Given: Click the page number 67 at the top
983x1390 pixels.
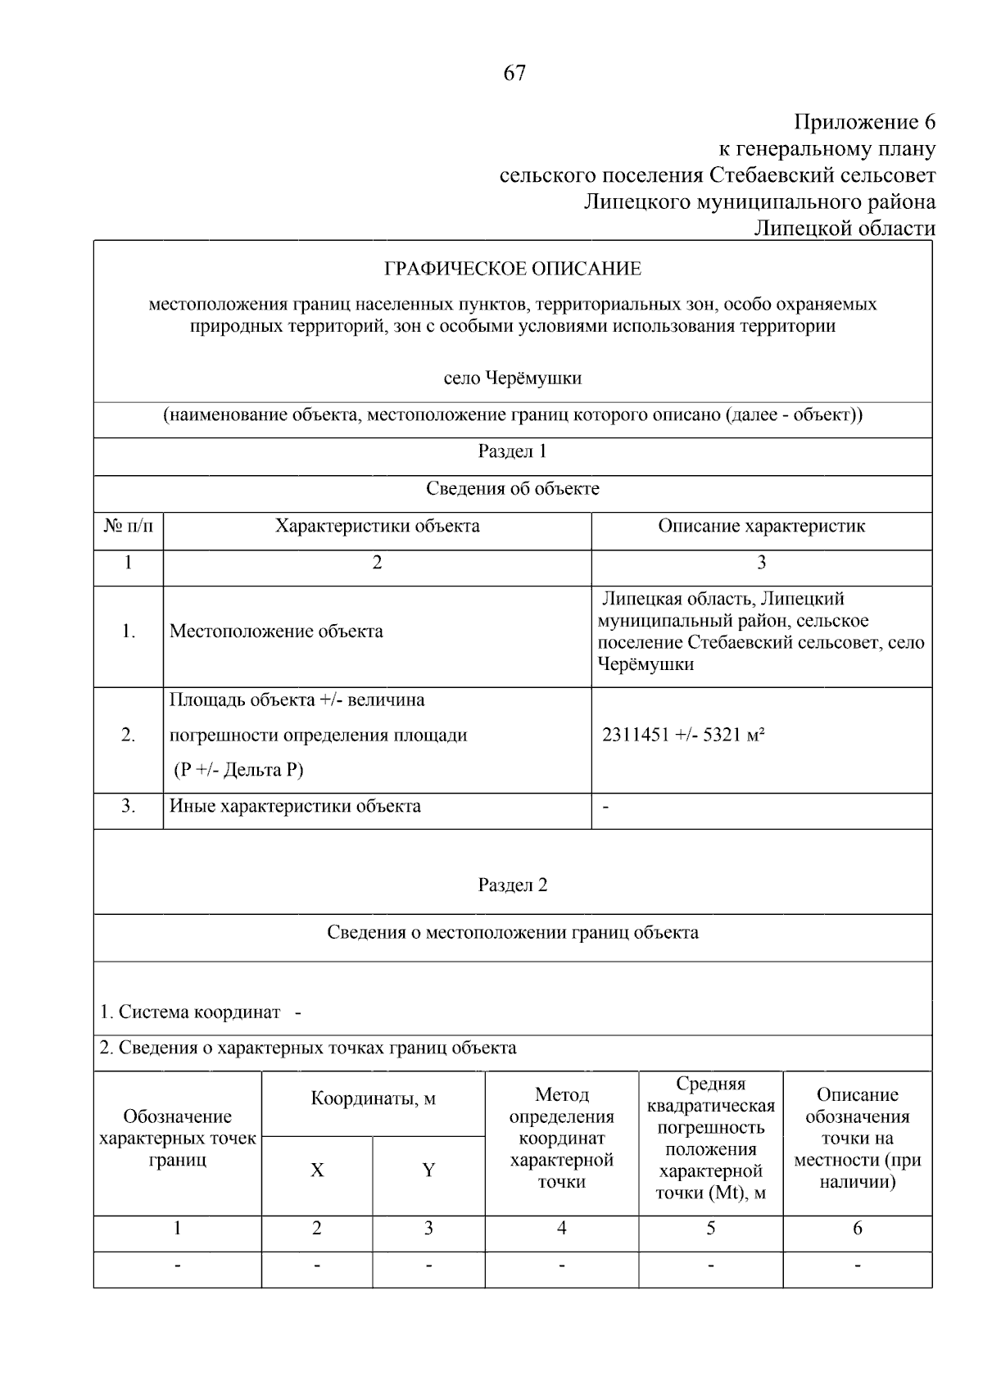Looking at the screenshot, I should click(x=514, y=74).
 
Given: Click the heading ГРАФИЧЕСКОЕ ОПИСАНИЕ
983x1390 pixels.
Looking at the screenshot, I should click(x=513, y=269).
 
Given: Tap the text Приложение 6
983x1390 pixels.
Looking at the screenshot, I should click(x=864, y=123).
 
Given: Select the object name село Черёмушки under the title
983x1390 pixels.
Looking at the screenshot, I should click(x=513, y=378).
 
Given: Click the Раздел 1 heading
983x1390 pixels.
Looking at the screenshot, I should click(x=513, y=451).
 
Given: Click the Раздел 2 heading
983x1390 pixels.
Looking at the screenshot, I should click(x=513, y=885).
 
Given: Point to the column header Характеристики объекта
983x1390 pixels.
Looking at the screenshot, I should click(x=377, y=526).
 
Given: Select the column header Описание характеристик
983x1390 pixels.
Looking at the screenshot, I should click(x=761, y=526).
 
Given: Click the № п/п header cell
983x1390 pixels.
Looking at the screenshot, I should click(x=129, y=526).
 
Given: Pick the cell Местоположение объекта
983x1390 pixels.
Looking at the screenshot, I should click(x=276, y=632).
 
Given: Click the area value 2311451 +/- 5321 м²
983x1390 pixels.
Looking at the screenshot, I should click(x=683, y=735).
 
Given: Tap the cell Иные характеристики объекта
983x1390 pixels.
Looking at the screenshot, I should click(x=295, y=806).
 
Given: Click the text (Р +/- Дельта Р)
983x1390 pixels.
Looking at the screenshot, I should click(x=238, y=770).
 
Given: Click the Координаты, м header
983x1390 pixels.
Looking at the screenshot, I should click(x=374, y=1098).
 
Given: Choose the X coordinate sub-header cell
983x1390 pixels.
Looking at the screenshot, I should click(x=317, y=1170).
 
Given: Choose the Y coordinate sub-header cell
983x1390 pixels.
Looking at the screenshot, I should click(x=428, y=1170).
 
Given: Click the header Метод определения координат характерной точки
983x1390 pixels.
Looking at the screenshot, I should click(x=562, y=1138).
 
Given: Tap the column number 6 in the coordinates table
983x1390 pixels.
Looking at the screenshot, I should click(x=858, y=1229).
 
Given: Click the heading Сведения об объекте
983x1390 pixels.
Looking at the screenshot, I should click(x=513, y=489).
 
